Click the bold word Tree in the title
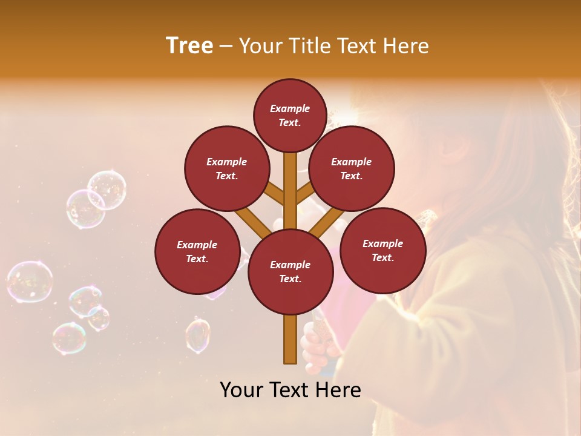(x=189, y=45)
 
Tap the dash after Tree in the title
(x=226, y=46)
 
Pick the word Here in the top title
(x=409, y=46)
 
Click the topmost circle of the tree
(x=290, y=115)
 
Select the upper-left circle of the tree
(x=226, y=168)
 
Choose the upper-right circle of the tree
(x=352, y=168)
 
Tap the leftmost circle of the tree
(x=197, y=251)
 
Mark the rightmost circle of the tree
(x=382, y=250)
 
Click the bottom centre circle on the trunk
(x=290, y=272)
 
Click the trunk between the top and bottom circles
(x=290, y=194)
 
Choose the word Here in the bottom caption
(x=338, y=390)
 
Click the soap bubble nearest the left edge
(x=29, y=282)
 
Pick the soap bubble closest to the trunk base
(x=197, y=335)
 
